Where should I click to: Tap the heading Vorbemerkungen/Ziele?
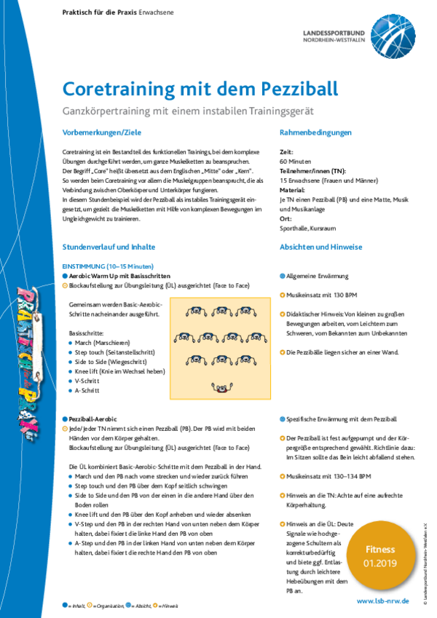point(102,132)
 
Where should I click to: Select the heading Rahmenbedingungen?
point(316,132)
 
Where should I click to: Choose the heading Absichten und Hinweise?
point(321,247)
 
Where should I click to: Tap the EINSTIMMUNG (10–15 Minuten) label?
point(108,267)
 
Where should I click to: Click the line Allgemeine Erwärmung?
point(318,277)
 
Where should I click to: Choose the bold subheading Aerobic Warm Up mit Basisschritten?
point(119,277)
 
